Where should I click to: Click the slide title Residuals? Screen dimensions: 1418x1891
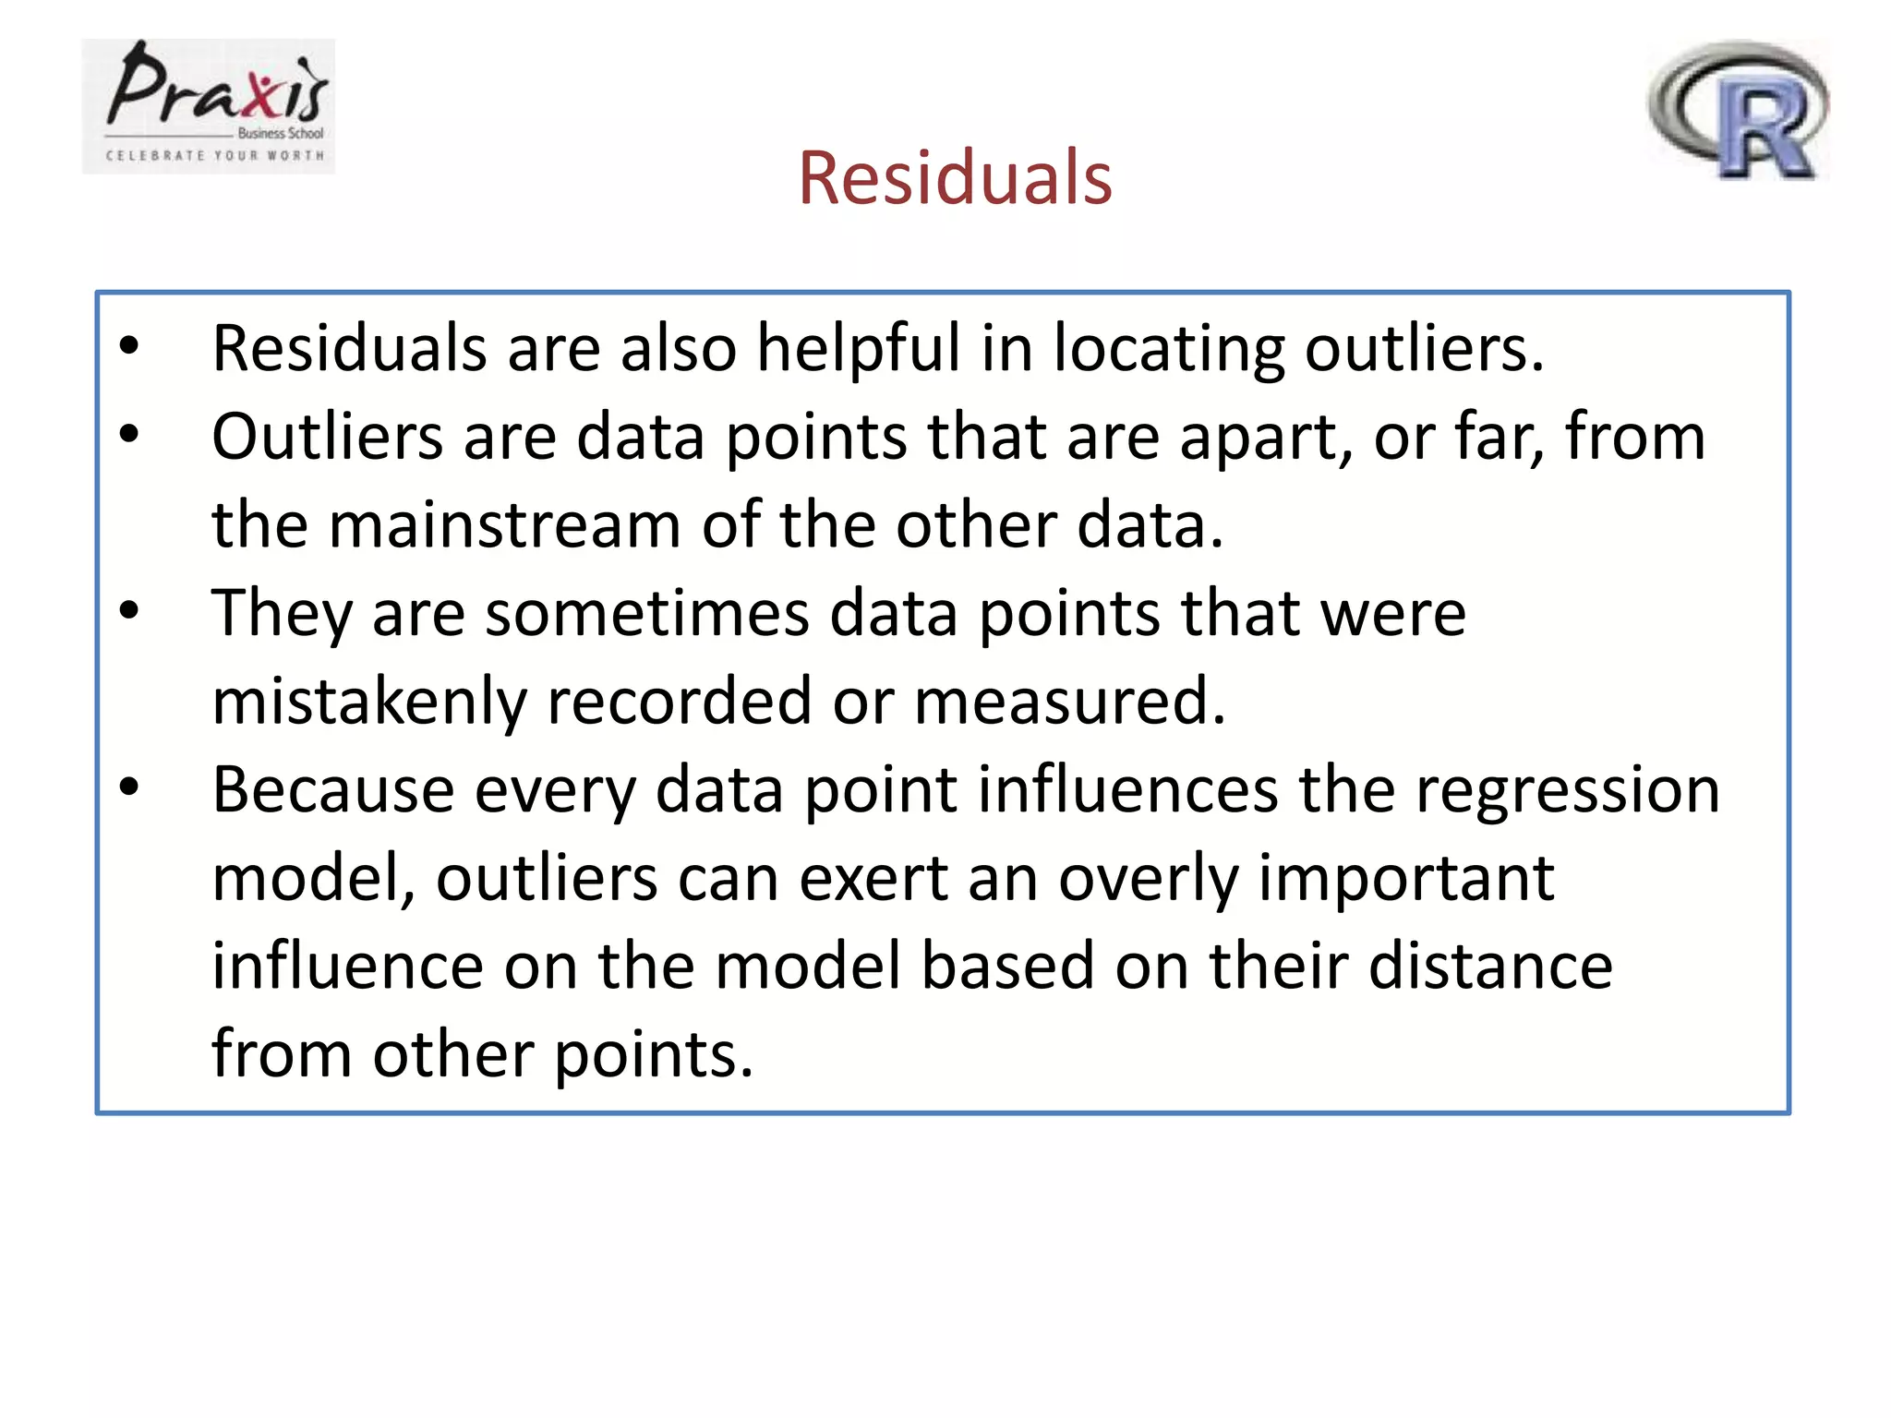click(955, 177)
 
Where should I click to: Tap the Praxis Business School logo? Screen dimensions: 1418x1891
click(209, 106)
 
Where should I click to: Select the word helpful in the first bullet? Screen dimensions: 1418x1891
click(859, 349)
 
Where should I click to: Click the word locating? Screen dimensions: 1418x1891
click(1168, 349)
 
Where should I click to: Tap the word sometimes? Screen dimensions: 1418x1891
click(646, 613)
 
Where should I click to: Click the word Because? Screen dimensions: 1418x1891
click(333, 790)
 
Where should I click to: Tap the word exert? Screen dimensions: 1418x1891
click(873, 878)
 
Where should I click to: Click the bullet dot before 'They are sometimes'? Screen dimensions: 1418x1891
click(129, 610)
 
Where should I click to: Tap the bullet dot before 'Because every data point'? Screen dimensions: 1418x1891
click(129, 787)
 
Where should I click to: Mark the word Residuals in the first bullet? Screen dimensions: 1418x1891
click(349, 349)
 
